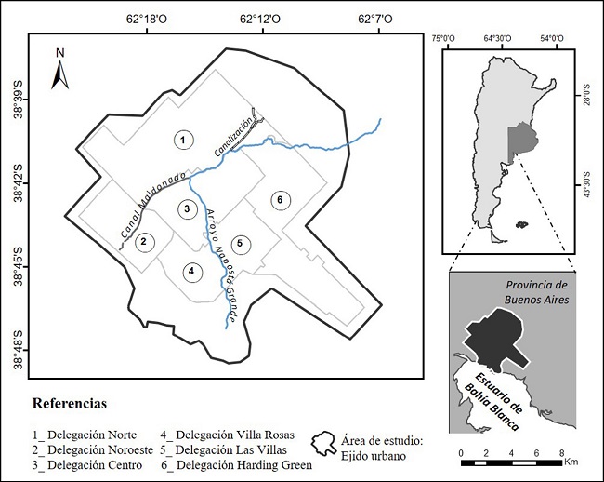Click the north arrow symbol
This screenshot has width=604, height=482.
[x=60, y=68]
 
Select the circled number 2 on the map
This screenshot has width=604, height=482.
[x=144, y=242]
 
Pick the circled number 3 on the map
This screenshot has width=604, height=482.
[x=188, y=209]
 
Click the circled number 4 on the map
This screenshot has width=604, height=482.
[x=191, y=272]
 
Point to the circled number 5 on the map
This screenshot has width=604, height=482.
[x=240, y=244]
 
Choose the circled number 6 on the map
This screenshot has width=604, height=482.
[x=277, y=198]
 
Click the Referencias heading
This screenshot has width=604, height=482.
[x=70, y=405]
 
